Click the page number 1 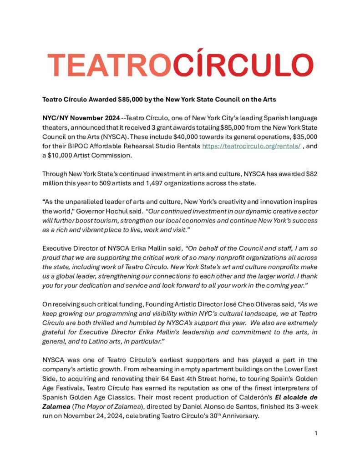[x=315, y=433]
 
